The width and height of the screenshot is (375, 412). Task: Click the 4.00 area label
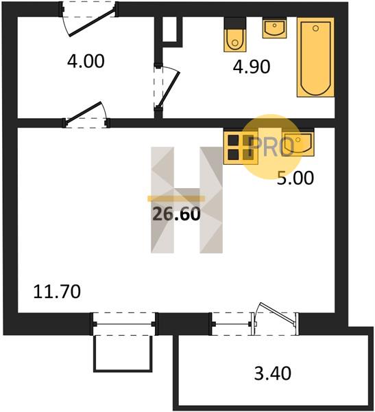click(86, 61)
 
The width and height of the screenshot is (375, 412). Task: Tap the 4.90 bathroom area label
click(252, 67)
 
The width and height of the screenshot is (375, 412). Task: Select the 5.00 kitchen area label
click(295, 178)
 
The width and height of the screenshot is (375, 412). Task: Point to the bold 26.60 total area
click(176, 214)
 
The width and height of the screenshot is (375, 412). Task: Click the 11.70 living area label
click(57, 292)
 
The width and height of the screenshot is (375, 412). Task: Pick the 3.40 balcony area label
click(273, 374)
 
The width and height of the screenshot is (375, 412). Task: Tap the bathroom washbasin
click(274, 28)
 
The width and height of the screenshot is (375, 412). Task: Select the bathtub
click(315, 57)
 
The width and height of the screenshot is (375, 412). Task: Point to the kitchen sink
click(298, 144)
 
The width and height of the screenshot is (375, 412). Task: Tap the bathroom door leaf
click(169, 89)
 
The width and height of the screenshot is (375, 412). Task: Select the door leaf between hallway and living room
click(83, 112)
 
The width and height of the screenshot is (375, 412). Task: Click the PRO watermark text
click(271, 146)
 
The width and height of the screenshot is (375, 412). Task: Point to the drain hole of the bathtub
click(315, 28)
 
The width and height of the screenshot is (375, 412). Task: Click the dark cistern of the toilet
click(235, 23)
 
